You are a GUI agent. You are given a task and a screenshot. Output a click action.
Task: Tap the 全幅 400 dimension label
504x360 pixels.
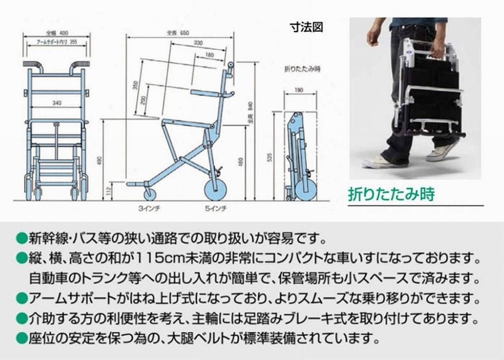tap(56, 32)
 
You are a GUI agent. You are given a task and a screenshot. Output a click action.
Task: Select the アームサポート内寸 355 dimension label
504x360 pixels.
tap(56, 42)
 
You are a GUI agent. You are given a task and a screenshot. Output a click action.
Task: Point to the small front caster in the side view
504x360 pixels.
tap(150, 194)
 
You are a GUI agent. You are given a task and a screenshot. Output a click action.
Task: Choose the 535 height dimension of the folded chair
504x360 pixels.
tap(281, 157)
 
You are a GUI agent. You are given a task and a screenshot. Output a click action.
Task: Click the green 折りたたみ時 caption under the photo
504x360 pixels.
tap(391, 194)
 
